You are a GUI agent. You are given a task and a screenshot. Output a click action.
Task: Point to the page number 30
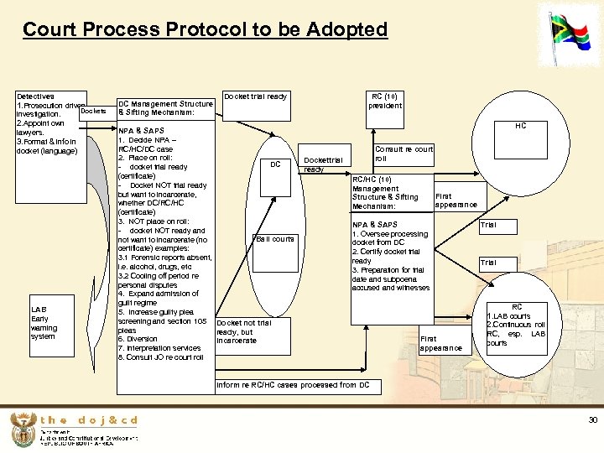pos(592,419)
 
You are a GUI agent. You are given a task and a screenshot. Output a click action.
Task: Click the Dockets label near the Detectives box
pos(93,111)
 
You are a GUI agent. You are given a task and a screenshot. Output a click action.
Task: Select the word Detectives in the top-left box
pos(36,96)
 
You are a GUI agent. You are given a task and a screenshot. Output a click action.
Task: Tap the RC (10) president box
pos(387,101)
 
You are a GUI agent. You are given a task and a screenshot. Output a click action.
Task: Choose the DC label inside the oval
pos(275,164)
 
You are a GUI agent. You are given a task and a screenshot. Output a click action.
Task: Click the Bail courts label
pos(275,239)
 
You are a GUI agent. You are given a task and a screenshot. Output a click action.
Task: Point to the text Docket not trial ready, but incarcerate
pos(243,331)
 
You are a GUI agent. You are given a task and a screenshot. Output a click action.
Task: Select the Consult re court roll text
pos(404,154)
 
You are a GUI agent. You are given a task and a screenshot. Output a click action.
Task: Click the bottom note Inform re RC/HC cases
pos(293,385)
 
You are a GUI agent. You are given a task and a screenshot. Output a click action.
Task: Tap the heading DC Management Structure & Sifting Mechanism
pos(165,107)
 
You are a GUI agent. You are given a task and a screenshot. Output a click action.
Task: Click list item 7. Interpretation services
pos(159,348)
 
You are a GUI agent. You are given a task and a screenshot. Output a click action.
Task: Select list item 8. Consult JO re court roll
pos(161,357)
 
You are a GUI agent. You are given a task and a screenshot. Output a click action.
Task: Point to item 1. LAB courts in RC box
pos(508,316)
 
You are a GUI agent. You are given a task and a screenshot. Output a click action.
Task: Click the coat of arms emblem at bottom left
pos(22,430)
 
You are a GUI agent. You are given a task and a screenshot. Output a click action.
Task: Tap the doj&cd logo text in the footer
pos(88,420)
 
